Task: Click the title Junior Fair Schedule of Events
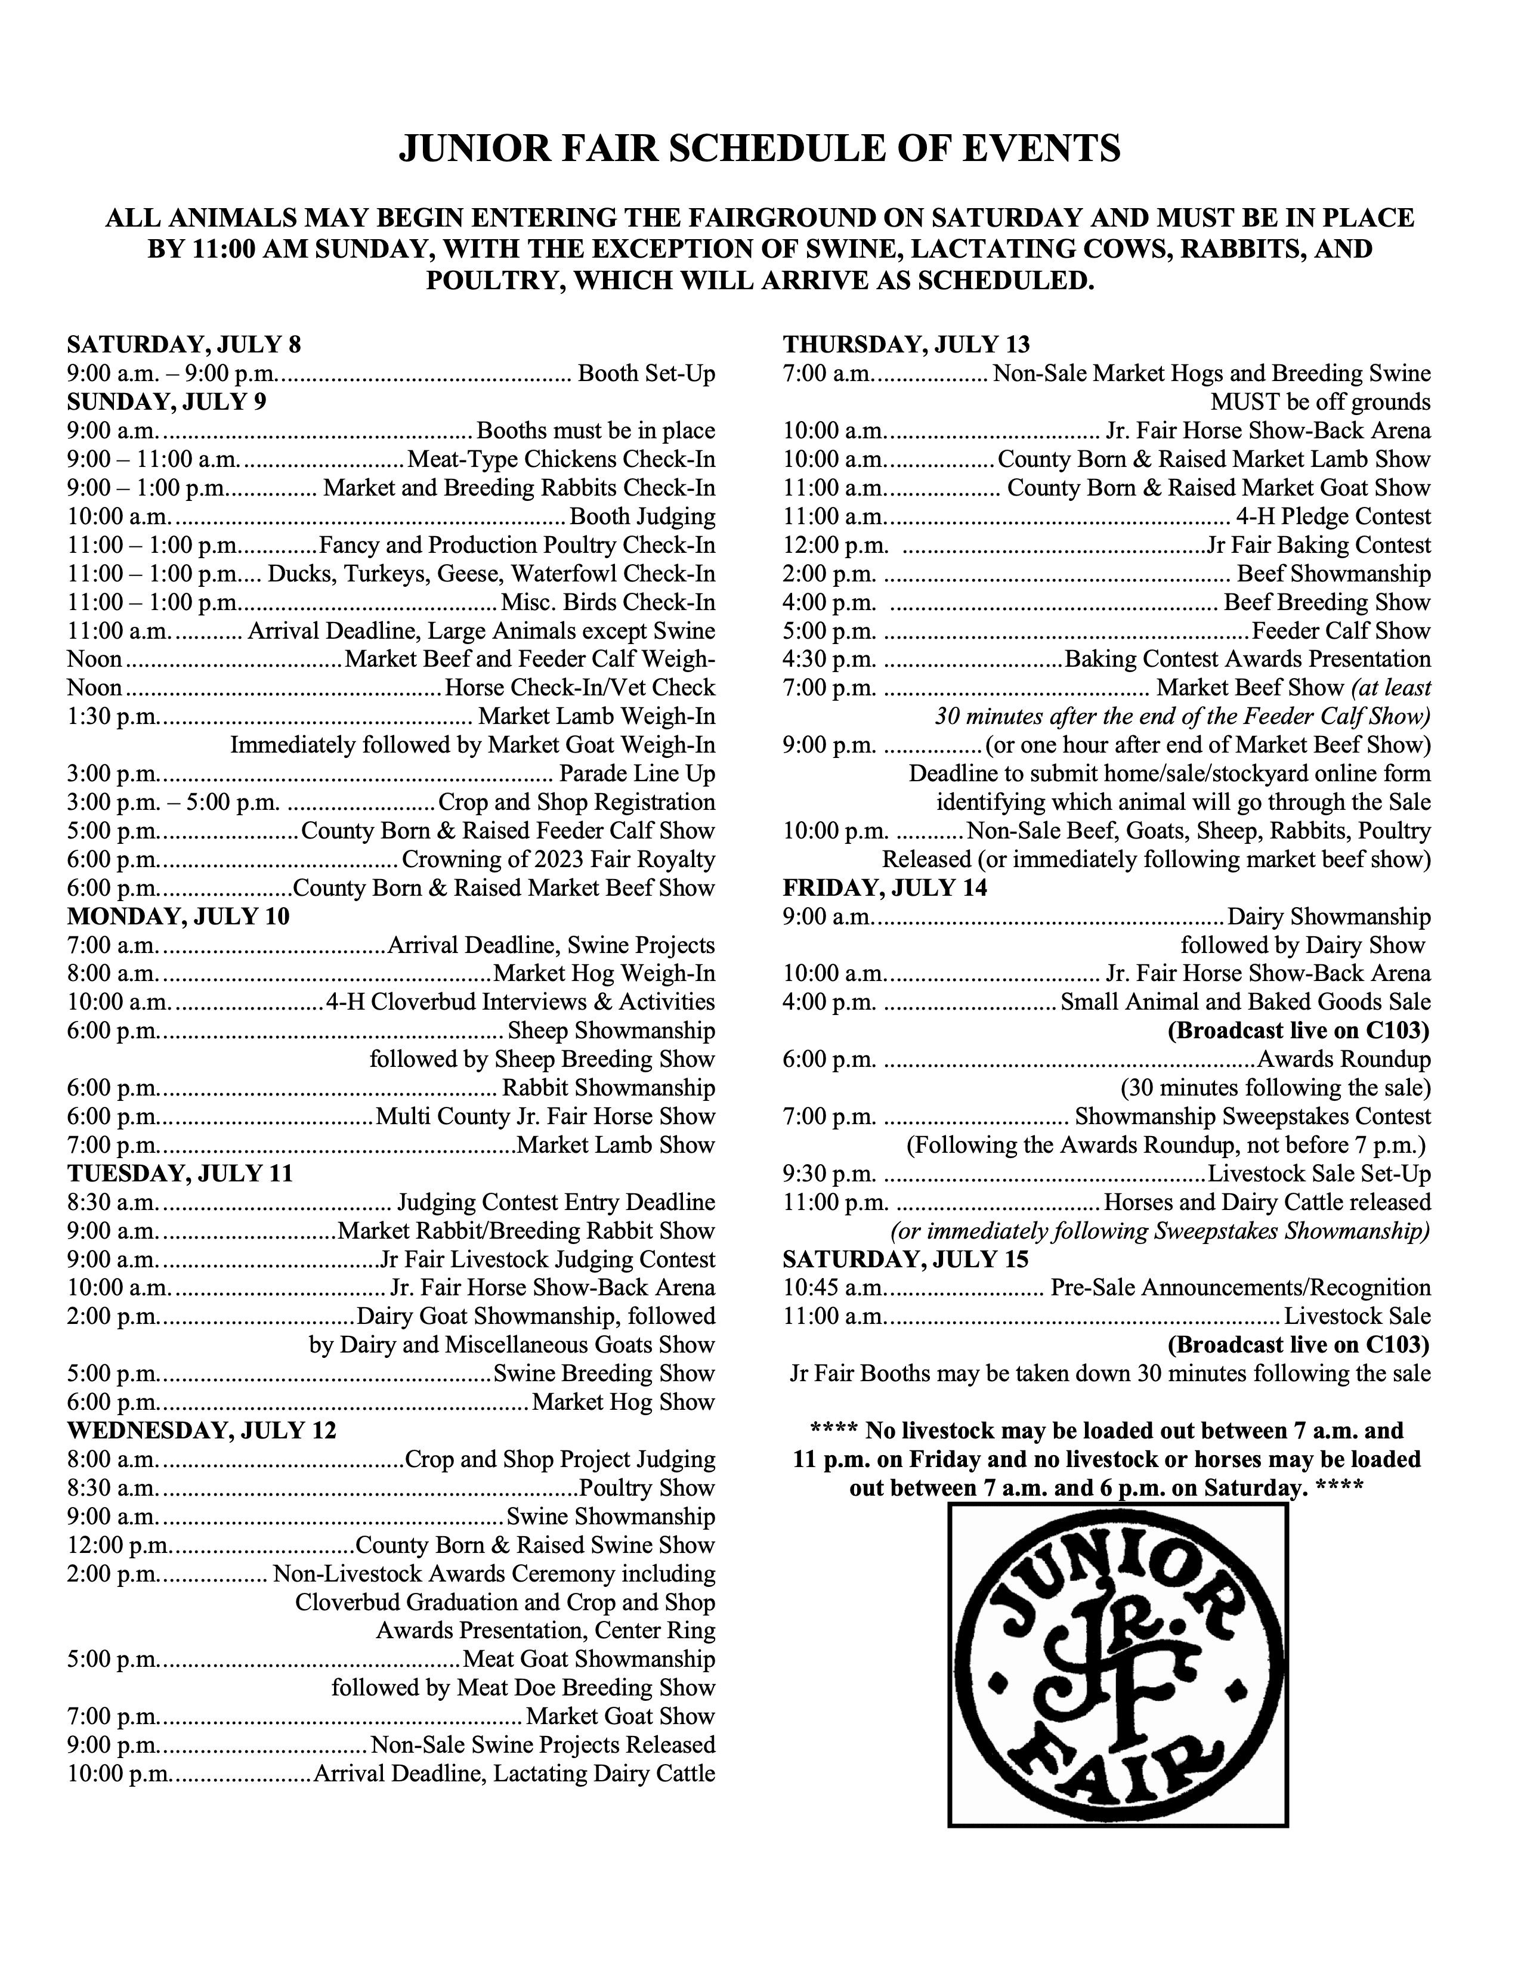coord(759,148)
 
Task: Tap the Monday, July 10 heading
coord(178,917)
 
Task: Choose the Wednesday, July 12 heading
coord(201,1431)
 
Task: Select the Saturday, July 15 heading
coord(905,1259)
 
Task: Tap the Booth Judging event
coord(642,517)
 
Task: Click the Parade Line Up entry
coord(637,774)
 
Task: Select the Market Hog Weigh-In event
coord(604,974)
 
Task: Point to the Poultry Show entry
coord(647,1488)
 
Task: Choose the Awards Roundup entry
coord(1343,1060)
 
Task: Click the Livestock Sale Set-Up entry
coord(1318,1174)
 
